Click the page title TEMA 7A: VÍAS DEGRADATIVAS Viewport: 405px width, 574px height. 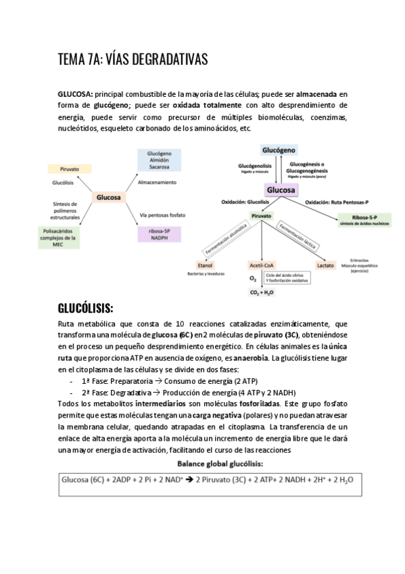tap(133, 61)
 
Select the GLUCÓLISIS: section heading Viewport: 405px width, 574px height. tap(95, 309)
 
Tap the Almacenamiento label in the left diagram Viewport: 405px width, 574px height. tap(157, 183)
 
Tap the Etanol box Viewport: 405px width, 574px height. tap(205, 265)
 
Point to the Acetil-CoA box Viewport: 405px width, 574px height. tap(261, 265)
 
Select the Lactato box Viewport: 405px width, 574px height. tap(325, 265)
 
